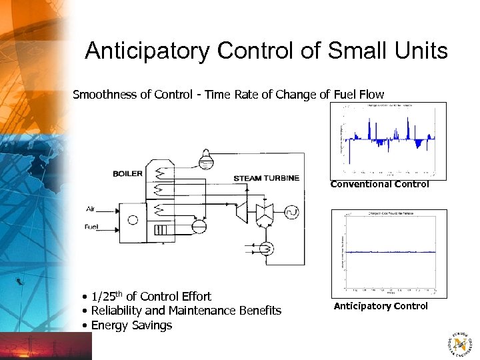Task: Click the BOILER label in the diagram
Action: (127, 174)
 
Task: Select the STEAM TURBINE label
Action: (266, 179)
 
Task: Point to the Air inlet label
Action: (91, 209)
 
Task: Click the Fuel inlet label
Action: (91, 227)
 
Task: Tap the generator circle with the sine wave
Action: (292, 213)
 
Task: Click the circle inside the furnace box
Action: (132, 220)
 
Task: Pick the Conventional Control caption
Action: (379, 184)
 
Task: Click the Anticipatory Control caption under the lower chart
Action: (381, 306)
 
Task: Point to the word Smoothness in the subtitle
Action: (105, 95)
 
